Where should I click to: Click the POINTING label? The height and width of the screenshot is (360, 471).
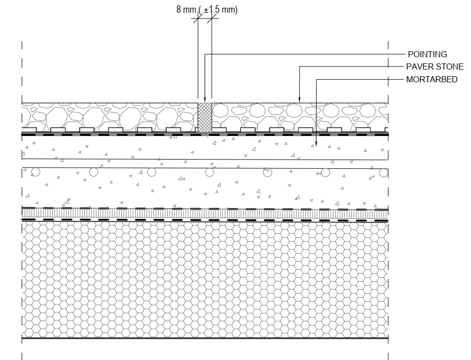click(427, 54)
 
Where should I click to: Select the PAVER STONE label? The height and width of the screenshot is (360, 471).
click(435, 66)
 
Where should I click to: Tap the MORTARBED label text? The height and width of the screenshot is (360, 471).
click(432, 80)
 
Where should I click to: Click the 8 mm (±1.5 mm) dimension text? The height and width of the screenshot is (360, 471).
click(207, 10)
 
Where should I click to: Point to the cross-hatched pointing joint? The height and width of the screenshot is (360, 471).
click(205, 118)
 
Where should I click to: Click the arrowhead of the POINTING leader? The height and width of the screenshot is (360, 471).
click(205, 100)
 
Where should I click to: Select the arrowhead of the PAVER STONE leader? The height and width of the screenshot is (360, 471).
click(299, 100)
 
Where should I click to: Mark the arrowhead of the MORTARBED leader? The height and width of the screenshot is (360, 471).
click(316, 144)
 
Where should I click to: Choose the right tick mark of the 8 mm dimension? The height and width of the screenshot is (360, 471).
click(212, 18)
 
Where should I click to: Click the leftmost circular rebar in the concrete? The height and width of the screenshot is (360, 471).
click(36, 172)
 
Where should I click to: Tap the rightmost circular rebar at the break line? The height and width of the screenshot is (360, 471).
click(384, 173)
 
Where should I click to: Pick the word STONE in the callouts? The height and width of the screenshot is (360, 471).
click(450, 66)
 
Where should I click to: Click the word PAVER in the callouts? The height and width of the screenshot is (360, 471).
click(419, 66)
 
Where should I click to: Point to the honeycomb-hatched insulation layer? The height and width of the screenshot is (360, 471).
click(205, 280)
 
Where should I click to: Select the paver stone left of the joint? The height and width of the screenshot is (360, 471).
click(109, 118)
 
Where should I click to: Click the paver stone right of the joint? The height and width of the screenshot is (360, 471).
click(300, 118)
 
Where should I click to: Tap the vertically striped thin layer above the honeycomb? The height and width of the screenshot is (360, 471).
click(205, 214)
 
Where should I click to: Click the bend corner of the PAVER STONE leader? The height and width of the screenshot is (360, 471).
click(299, 66)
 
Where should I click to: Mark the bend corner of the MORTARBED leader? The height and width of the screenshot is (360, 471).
click(316, 80)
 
